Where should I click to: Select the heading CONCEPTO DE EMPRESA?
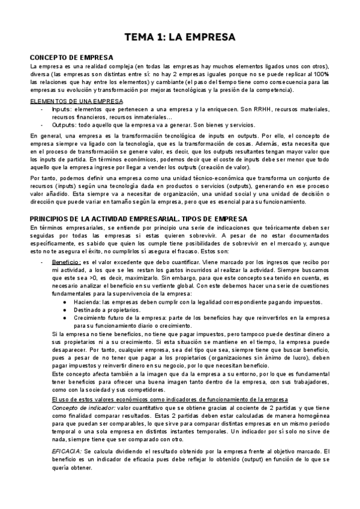(x=68, y=57)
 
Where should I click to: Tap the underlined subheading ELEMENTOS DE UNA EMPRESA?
(x=76, y=101)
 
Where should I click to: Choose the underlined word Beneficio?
(x=66, y=262)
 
